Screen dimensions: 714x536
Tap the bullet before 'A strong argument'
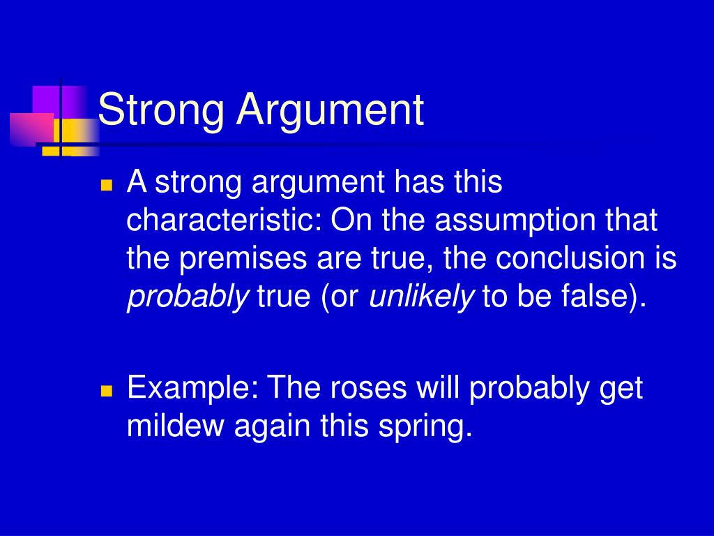(107, 184)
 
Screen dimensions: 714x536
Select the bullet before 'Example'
(107, 391)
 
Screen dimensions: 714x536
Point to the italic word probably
(188, 297)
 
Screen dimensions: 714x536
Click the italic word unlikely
(422, 297)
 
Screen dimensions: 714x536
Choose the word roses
(368, 389)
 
